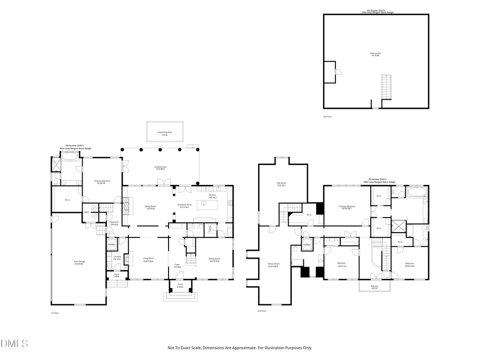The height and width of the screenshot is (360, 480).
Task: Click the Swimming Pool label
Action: (x=164, y=134)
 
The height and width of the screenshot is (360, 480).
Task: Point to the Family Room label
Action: (x=150, y=206)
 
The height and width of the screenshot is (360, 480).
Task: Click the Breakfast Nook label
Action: (x=184, y=206)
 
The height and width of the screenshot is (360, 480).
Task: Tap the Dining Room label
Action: (x=214, y=260)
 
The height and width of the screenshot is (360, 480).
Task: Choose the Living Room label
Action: (x=148, y=260)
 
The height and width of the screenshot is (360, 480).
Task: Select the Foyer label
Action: (x=177, y=265)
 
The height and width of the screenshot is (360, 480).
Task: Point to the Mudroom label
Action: (x=114, y=223)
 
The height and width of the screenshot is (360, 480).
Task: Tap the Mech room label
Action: (x=86, y=212)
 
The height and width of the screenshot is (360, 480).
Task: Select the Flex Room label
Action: (x=281, y=185)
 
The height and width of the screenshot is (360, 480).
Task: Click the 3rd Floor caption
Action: (x=327, y=116)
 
